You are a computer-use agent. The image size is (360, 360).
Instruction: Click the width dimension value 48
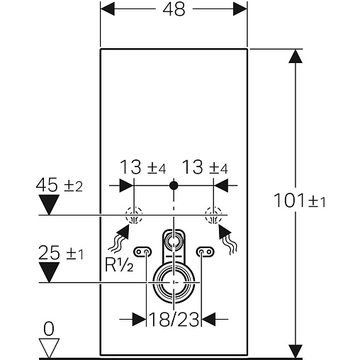(174, 9)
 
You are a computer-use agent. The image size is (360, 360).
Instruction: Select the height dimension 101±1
(300, 201)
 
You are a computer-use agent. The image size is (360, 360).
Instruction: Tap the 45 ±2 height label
(60, 185)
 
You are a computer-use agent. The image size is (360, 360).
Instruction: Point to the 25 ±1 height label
(61, 253)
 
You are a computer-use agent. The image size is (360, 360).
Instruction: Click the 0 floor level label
(49, 329)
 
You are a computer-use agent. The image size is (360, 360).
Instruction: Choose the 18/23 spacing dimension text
(174, 320)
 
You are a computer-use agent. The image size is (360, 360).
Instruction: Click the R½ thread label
(119, 265)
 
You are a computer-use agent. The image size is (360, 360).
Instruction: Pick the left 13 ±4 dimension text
(143, 167)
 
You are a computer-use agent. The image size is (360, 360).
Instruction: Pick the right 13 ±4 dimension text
(205, 167)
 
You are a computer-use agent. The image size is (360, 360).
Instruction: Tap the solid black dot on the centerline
(174, 186)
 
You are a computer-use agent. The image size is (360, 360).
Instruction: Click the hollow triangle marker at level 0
(49, 348)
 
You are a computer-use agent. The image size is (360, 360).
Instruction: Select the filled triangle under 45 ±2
(49, 205)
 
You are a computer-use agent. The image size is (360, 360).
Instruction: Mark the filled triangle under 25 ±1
(49, 272)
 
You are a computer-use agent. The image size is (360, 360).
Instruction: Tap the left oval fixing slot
(142, 252)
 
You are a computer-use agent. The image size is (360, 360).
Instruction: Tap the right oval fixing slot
(206, 252)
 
